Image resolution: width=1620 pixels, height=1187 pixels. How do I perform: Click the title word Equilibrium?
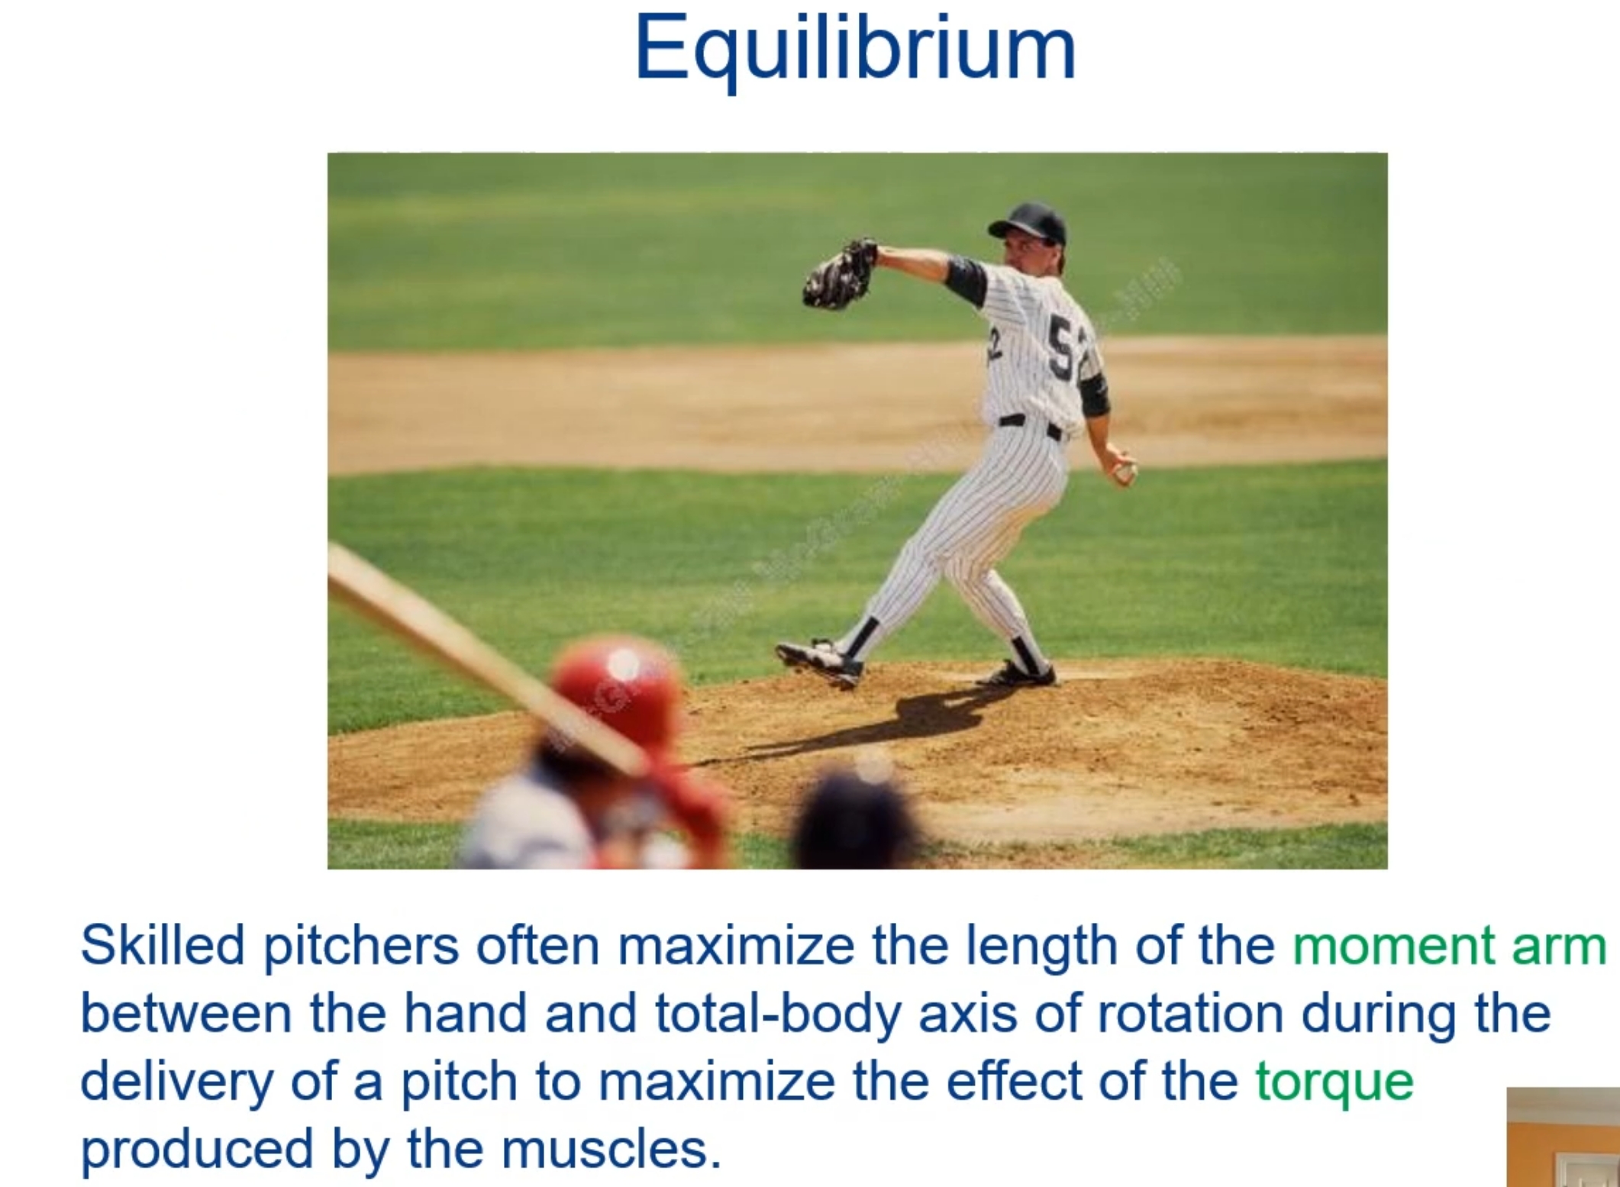[x=855, y=47]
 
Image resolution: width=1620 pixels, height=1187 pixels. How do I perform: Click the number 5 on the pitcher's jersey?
[x=1061, y=348]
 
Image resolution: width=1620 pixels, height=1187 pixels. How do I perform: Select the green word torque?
[x=1334, y=1082]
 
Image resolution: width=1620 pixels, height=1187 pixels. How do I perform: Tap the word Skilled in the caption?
[x=161, y=946]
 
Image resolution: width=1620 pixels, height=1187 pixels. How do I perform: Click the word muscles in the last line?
[x=611, y=1149]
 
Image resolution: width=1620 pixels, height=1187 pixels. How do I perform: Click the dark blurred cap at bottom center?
[x=855, y=821]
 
